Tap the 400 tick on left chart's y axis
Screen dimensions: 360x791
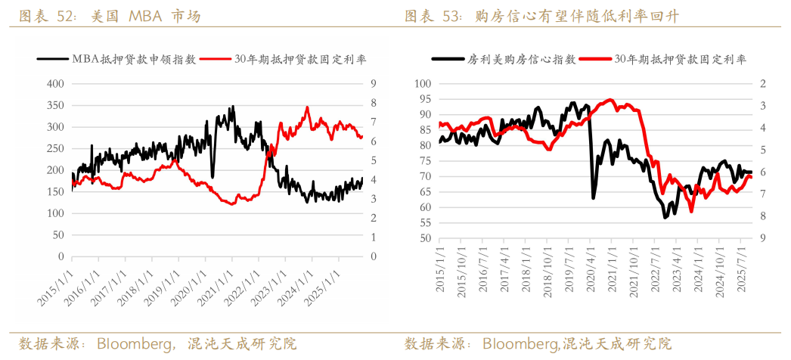[x=54, y=84]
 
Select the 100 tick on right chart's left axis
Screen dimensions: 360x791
[x=421, y=84]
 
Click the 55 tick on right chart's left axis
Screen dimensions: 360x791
[x=424, y=222]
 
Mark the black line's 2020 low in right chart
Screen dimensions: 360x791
[x=594, y=197]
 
